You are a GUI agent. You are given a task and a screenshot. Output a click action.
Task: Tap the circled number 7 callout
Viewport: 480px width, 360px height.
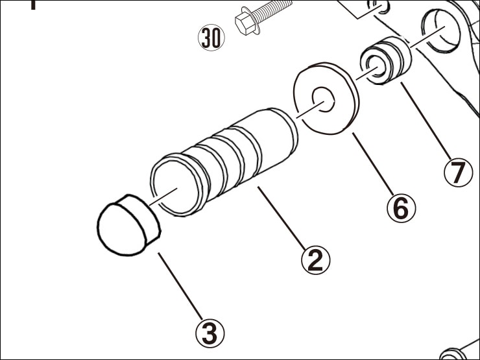pyautogui.click(x=459, y=173)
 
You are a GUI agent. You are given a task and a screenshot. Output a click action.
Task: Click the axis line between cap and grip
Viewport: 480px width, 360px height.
pyautogui.click(x=162, y=196)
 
